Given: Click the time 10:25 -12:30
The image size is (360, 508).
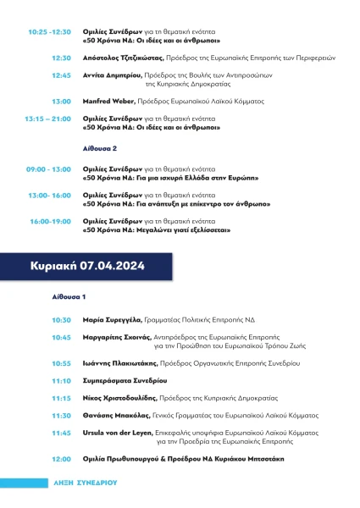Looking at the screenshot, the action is click(x=50, y=31).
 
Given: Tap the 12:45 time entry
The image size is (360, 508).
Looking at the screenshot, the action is click(x=61, y=75).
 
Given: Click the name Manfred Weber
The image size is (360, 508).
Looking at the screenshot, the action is click(x=112, y=101).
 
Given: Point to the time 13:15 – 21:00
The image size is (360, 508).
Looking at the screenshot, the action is click(x=48, y=119).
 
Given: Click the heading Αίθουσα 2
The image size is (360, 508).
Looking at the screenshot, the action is click(x=98, y=147).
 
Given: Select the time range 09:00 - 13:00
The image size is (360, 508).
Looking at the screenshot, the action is click(x=49, y=169).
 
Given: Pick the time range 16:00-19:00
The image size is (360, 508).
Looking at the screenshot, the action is click(x=52, y=221).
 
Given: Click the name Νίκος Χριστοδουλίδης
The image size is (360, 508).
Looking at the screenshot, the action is click(x=122, y=398).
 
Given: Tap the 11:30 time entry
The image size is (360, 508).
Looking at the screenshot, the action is click(x=61, y=416).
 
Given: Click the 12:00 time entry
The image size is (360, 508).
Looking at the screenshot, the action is click(x=61, y=459).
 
